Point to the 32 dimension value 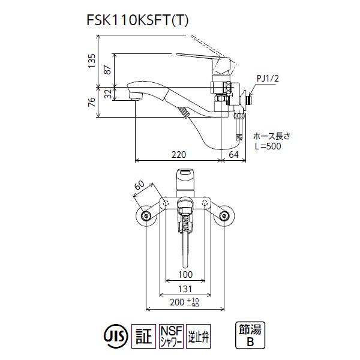(x=108, y=93)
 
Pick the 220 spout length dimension (x=178, y=155)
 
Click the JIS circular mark (x=113, y=334)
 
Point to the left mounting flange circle (x=146, y=217)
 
